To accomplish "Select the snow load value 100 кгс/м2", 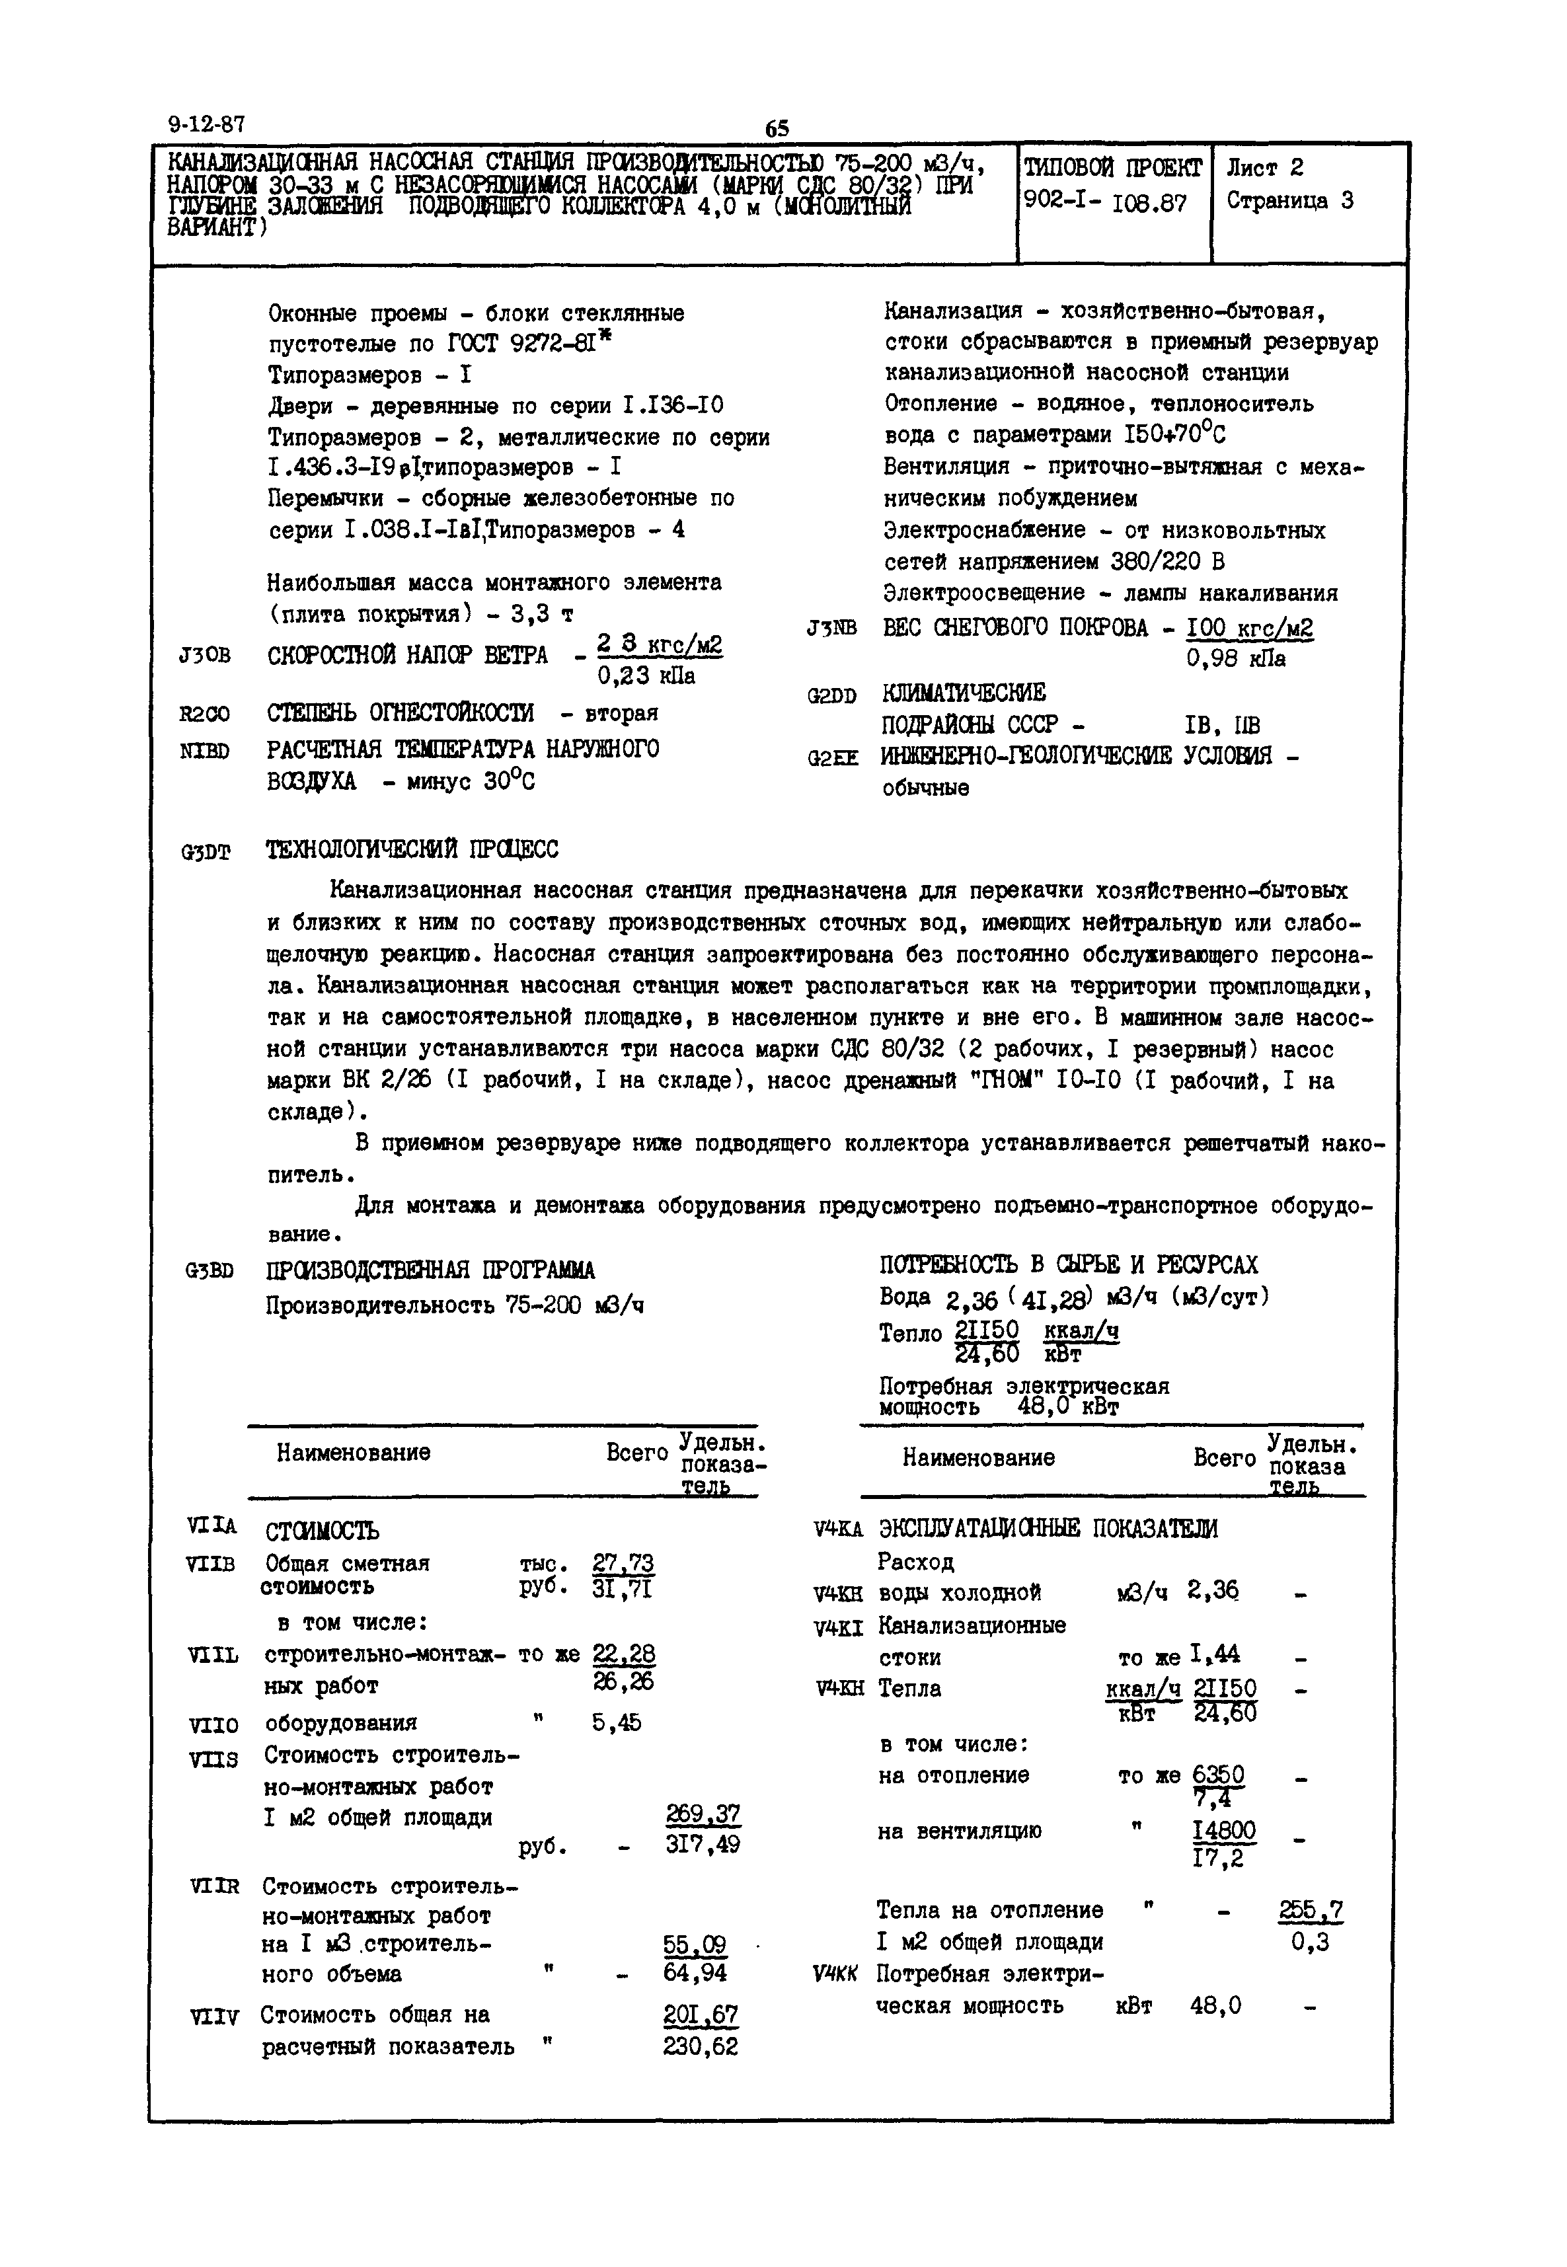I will click(x=1249, y=629).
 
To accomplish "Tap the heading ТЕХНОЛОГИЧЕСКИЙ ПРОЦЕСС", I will click(x=412, y=849).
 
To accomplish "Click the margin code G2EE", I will click(x=833, y=758).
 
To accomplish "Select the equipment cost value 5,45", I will click(x=617, y=1722).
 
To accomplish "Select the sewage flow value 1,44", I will click(x=1215, y=1656).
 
